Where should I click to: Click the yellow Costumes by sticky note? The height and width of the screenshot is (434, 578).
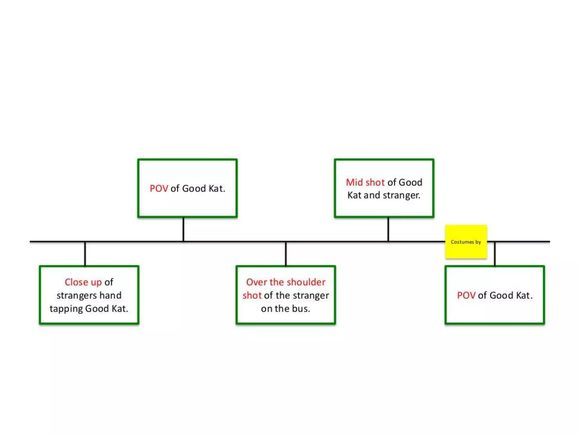(466, 242)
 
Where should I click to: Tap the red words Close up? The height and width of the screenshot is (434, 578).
(83, 282)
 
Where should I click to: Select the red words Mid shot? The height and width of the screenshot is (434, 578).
(365, 182)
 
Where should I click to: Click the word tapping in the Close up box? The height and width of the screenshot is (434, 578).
(66, 309)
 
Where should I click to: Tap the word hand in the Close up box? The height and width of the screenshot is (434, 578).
(110, 295)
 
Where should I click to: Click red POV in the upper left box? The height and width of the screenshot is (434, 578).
(159, 188)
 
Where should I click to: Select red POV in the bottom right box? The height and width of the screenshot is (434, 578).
(466, 295)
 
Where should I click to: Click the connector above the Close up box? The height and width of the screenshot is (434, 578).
(85, 253)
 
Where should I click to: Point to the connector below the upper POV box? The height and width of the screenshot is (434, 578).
(183, 229)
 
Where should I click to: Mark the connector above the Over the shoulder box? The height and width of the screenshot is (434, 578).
(286, 253)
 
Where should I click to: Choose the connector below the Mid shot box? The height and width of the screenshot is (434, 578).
(388, 229)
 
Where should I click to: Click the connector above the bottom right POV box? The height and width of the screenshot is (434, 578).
(495, 253)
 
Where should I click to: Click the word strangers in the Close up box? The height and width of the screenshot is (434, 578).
(76, 295)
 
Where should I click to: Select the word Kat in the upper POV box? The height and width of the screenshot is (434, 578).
(216, 188)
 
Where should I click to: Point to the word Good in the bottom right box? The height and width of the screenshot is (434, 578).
(501, 295)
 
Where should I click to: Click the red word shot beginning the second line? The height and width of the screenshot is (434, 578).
(252, 295)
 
